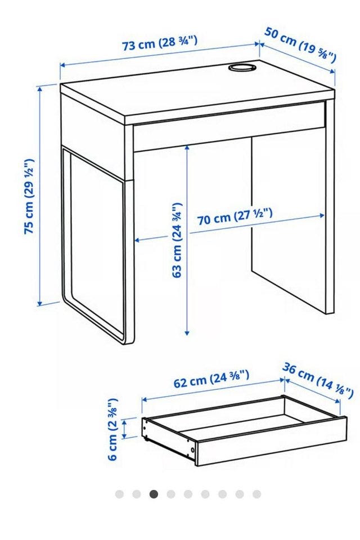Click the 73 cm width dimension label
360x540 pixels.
click(160, 43)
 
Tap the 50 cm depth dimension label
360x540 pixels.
click(300, 45)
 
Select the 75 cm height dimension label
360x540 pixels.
click(30, 196)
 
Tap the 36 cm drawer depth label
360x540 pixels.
click(318, 381)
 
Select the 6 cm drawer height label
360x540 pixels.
click(112, 429)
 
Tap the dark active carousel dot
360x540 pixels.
click(154, 494)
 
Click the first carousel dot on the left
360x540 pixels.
click(119, 494)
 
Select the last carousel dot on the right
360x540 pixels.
click(256, 494)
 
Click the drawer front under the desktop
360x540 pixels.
click(229, 127)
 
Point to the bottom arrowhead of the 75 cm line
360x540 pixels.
click(40, 303)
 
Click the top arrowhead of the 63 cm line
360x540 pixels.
click(187, 148)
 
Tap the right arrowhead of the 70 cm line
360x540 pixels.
click(322, 215)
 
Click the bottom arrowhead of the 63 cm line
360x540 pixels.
click(187, 332)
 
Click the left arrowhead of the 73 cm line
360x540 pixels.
click(63, 64)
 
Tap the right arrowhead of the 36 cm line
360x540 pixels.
click(337, 401)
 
